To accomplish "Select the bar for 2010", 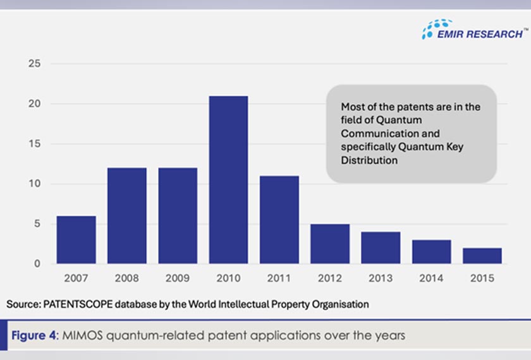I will pyautogui.click(x=228, y=180).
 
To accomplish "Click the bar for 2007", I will pyautogui.click(x=76, y=240).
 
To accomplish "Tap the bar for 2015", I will pyautogui.click(x=482, y=256).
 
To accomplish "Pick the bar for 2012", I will pyautogui.click(x=330, y=244).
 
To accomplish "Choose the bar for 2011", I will pyautogui.click(x=279, y=220).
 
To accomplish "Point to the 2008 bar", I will pyautogui.click(x=127, y=216).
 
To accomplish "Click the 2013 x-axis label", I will pyautogui.click(x=381, y=279).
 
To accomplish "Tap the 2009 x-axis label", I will pyautogui.click(x=178, y=279).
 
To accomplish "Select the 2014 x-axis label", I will pyautogui.click(x=431, y=279).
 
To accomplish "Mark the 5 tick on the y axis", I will pyautogui.click(x=37, y=224).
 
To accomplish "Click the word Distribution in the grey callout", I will pyautogui.click(x=369, y=160).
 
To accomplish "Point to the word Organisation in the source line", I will pyautogui.click(x=341, y=304).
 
